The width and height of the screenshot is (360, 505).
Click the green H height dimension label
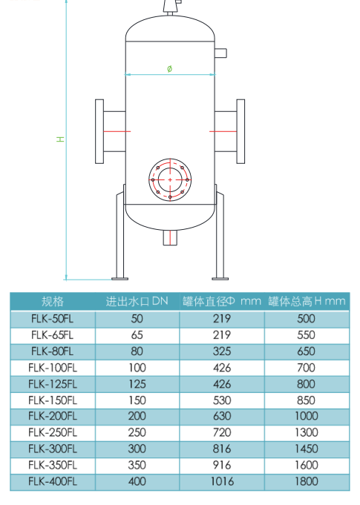click(60, 139)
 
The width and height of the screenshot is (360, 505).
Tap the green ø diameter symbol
click(170, 69)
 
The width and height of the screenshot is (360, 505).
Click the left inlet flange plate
click(99, 131)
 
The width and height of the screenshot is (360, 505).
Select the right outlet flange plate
click(240, 131)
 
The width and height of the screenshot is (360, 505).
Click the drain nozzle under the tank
click(170, 238)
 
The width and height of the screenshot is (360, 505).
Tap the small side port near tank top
click(220, 53)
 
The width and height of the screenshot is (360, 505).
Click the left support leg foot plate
click(120, 279)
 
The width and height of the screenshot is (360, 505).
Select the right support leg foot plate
click(220, 279)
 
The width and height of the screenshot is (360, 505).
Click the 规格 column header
click(53, 302)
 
